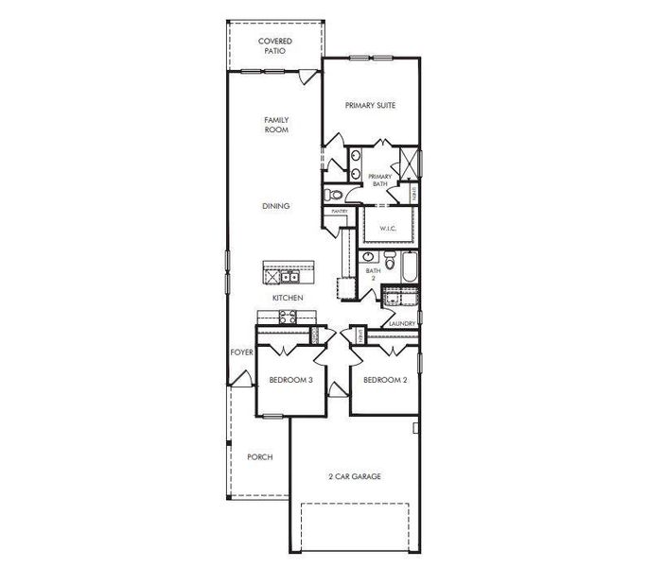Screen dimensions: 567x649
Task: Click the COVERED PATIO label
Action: pyautogui.click(x=275, y=46)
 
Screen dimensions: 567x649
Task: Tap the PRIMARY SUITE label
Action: pyautogui.click(x=370, y=105)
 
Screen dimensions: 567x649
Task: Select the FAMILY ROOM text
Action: pyautogui.click(x=275, y=125)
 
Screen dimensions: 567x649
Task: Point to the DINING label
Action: pyautogui.click(x=276, y=206)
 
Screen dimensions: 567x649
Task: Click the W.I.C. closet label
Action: pyautogui.click(x=388, y=229)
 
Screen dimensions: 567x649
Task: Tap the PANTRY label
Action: pyautogui.click(x=339, y=212)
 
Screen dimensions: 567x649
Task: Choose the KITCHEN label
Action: pyautogui.click(x=288, y=298)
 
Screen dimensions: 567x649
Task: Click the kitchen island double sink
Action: pyautogui.click(x=289, y=277)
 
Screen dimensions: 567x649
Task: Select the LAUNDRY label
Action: pyautogui.click(x=402, y=323)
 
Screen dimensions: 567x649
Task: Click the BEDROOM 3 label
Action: pyautogui.click(x=290, y=381)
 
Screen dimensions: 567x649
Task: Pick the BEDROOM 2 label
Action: pyautogui.click(x=384, y=381)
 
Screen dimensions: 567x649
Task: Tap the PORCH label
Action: pyautogui.click(x=260, y=456)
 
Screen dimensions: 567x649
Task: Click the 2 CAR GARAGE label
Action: pyautogui.click(x=355, y=476)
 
